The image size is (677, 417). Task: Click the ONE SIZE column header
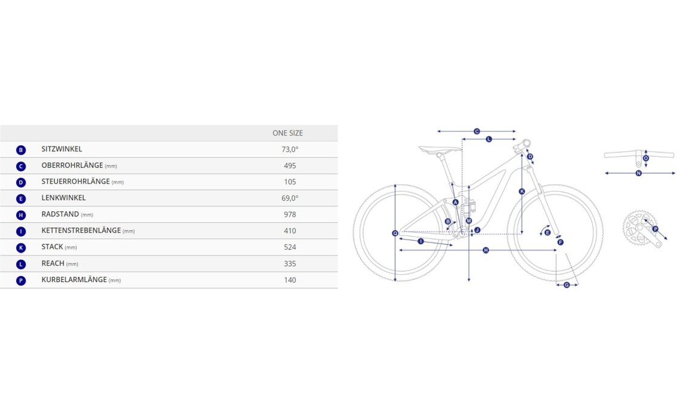point(287,133)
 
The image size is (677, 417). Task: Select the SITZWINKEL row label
point(62,149)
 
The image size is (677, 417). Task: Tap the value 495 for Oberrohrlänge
point(290,165)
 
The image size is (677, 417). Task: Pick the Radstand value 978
point(290,214)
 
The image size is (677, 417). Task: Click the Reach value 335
point(290,264)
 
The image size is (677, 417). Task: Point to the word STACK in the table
point(52,247)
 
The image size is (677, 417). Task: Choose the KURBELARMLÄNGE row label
point(74,280)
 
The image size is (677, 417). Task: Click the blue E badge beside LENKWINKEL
point(21,199)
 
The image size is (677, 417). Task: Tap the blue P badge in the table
point(21,281)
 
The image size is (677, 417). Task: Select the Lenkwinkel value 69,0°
point(290,198)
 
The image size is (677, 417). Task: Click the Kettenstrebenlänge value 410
point(290,231)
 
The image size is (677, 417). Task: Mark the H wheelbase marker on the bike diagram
point(486,250)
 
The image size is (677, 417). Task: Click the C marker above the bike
point(477,131)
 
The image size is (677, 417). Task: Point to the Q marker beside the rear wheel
point(394,234)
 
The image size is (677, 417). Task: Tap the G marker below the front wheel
point(566,285)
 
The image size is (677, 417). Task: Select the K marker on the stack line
point(522,191)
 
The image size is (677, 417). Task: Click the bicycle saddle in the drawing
point(439,149)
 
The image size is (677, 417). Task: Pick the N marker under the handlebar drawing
point(638,173)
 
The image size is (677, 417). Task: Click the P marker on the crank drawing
point(655,229)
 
